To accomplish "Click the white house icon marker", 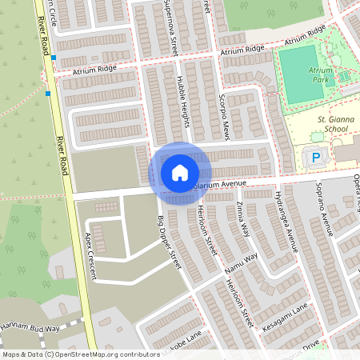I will pos(180,172).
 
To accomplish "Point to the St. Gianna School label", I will pos(331,124).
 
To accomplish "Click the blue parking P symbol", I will pos(317,158).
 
